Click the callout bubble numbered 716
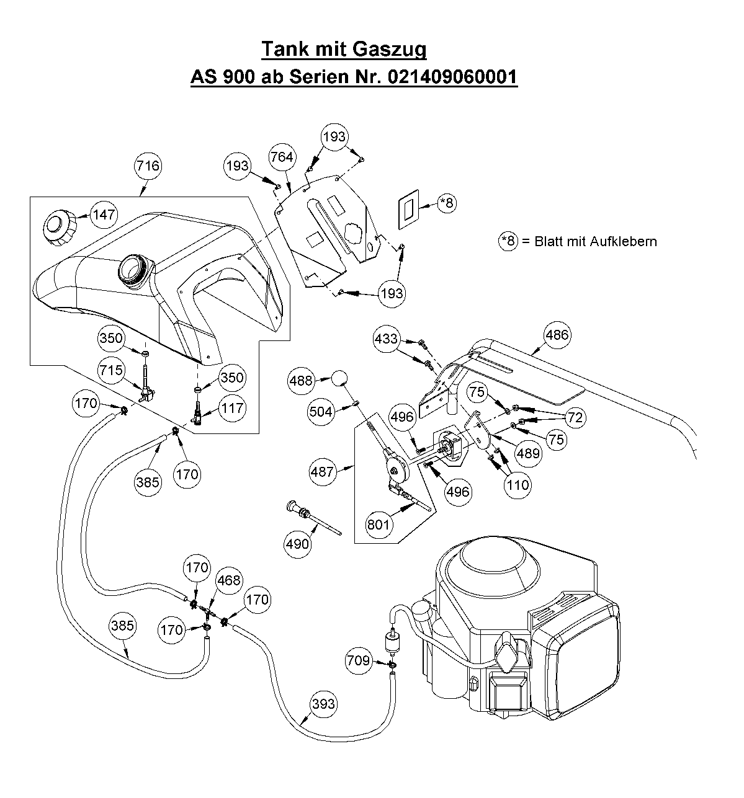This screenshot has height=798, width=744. [x=148, y=166]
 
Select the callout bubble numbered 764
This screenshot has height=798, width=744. [x=282, y=157]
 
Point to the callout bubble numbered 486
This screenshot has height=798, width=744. [x=557, y=335]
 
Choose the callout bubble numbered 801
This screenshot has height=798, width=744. [x=378, y=525]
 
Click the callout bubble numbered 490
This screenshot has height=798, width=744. [x=297, y=544]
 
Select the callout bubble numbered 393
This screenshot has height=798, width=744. [x=324, y=704]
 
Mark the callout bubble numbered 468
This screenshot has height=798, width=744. [x=229, y=580]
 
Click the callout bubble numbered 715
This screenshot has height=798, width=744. [x=112, y=370]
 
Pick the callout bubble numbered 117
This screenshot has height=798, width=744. [x=233, y=408]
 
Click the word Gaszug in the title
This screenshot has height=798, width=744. [x=390, y=49]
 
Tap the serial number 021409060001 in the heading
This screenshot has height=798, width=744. [x=452, y=76]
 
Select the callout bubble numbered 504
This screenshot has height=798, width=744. [x=321, y=412]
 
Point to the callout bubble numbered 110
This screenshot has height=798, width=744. [x=518, y=485]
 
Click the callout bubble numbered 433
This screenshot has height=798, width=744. [x=387, y=339]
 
